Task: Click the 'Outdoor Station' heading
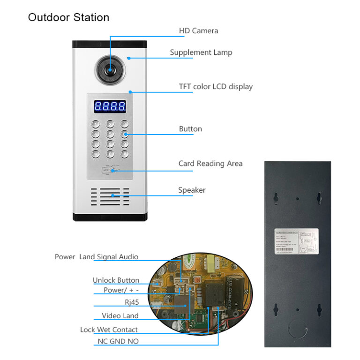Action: coord(68,18)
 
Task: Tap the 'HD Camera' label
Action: coord(198,31)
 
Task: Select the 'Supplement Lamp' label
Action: coord(201,52)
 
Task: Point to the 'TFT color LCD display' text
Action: coord(216,87)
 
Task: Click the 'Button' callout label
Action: coord(190,129)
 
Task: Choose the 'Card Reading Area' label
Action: coord(210,164)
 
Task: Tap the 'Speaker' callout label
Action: coord(192,190)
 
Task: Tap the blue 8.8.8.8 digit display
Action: coord(110,106)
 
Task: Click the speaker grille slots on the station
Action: coord(110,197)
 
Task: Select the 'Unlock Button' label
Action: coord(116,280)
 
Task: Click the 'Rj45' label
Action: coord(132,302)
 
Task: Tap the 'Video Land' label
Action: coord(120,316)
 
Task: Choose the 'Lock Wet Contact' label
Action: coord(109,330)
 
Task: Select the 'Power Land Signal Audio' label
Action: coord(97,257)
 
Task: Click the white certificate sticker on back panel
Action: coord(296,242)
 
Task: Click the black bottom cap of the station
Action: coord(110,217)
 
